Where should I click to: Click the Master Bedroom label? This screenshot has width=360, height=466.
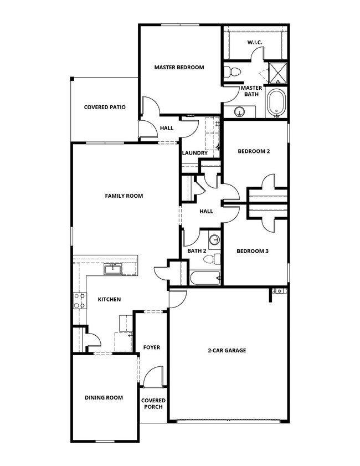[x=179, y=68]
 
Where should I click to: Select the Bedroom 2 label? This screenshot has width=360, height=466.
[x=254, y=151]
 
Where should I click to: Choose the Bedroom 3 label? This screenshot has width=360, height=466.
[x=253, y=251]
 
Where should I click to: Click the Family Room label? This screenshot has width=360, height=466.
[x=124, y=196]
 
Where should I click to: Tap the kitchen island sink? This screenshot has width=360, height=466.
[x=113, y=269]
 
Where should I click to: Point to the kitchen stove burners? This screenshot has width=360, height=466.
[x=79, y=301]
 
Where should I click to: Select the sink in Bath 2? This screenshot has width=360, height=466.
[x=215, y=240]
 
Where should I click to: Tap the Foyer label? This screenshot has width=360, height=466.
[x=151, y=347]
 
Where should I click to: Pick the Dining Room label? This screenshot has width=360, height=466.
[x=104, y=397]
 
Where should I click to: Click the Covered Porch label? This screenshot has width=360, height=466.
[x=152, y=403]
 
